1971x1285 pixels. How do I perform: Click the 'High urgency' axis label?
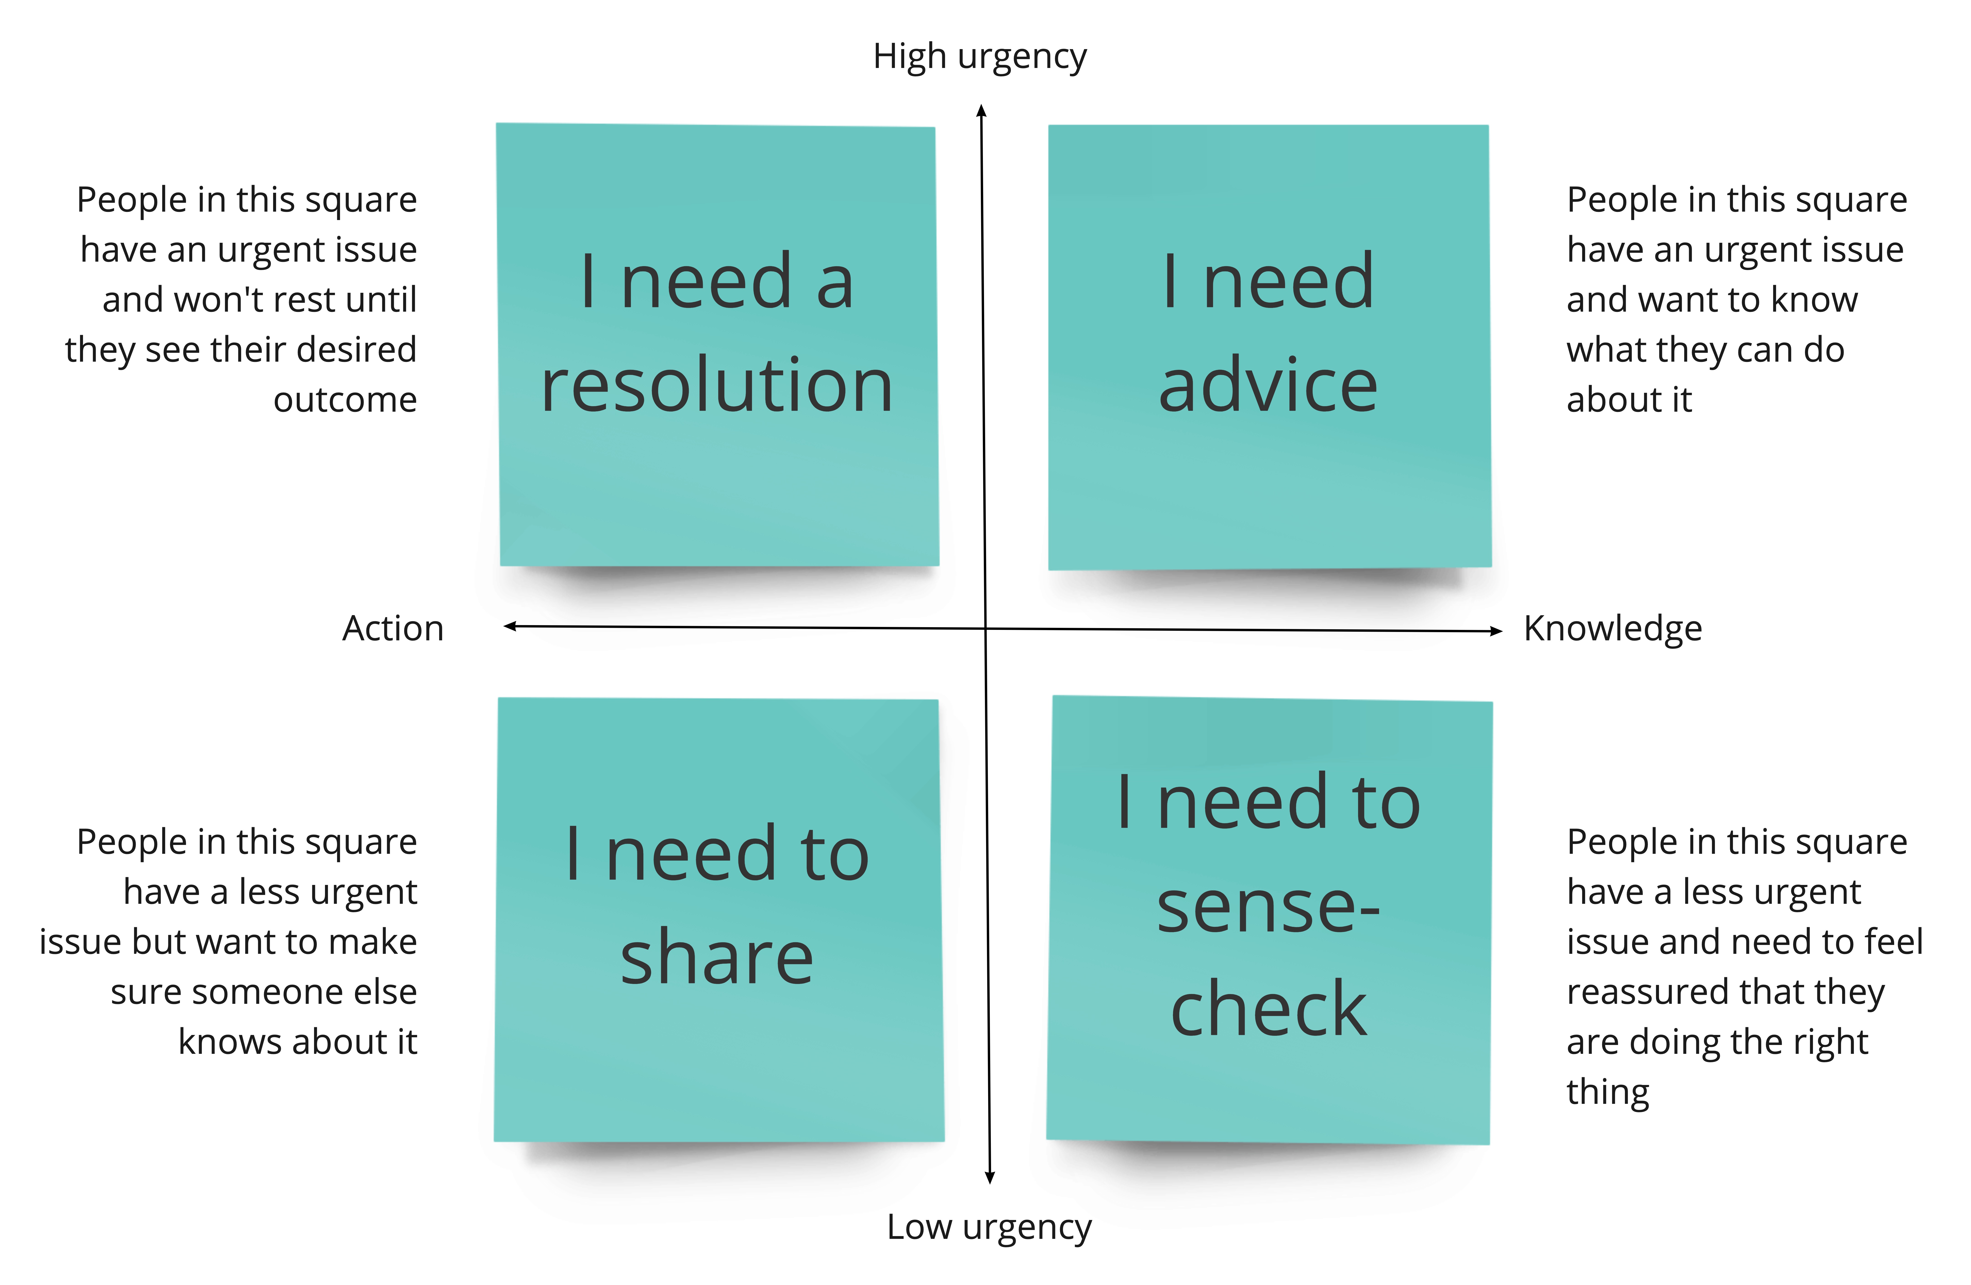[980, 57]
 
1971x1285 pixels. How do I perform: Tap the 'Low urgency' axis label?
[989, 1227]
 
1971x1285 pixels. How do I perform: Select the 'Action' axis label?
[393, 629]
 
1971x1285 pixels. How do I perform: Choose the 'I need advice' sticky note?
[1270, 347]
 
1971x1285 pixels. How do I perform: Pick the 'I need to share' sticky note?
[719, 920]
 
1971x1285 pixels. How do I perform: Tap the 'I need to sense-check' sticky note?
[1270, 920]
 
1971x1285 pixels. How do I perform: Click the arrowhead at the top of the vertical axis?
[981, 110]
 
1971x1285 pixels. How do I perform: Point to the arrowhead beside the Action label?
[510, 626]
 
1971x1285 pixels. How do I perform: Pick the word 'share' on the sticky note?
[717, 957]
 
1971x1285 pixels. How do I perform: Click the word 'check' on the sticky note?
[1269, 1008]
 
